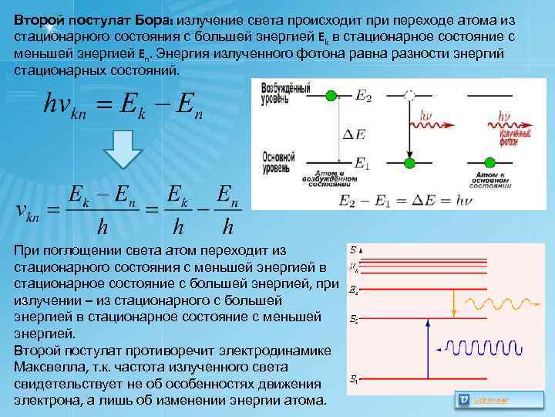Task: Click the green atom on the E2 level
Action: pyautogui.click(x=331, y=95)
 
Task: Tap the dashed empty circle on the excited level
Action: pyautogui.click(x=409, y=95)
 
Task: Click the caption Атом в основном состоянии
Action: pyautogui.click(x=489, y=181)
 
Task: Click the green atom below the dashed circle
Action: pyautogui.click(x=409, y=163)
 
